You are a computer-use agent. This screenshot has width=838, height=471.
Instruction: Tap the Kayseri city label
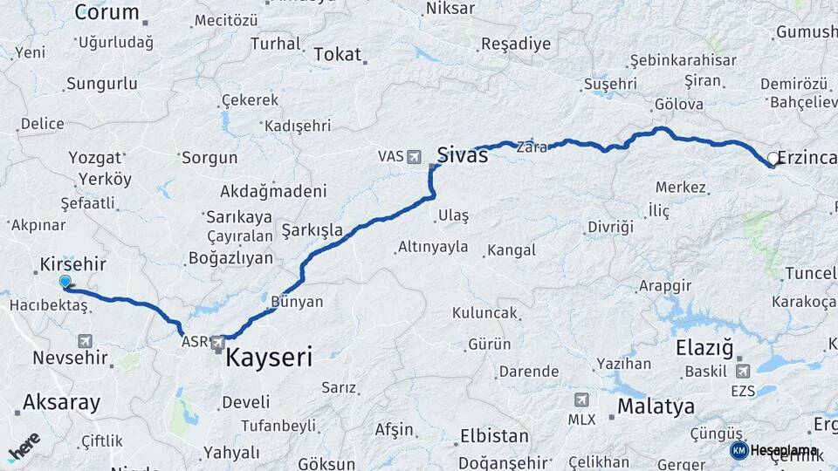coord(269,357)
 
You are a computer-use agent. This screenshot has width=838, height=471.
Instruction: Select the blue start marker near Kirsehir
coord(65,282)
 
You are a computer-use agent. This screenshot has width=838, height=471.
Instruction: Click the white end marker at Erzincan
coord(773,159)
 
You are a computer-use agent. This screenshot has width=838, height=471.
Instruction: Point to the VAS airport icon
coord(413,156)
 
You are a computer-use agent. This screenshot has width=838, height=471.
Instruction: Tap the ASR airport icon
coord(216,342)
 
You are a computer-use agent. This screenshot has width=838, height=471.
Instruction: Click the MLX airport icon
coord(581,399)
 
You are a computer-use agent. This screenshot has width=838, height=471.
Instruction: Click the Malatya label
coord(656,406)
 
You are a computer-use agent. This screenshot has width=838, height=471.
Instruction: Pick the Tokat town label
coord(337,54)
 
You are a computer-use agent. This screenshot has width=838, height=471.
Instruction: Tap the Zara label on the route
coord(532,147)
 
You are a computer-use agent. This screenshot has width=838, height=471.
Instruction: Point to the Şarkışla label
coord(312,230)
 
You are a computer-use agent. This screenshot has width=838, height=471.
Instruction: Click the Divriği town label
coord(609,227)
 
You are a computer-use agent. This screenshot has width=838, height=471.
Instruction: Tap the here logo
coord(24,446)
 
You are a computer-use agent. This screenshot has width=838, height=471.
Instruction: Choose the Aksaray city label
coord(61,403)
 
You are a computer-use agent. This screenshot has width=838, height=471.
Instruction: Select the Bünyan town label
coord(298,302)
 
